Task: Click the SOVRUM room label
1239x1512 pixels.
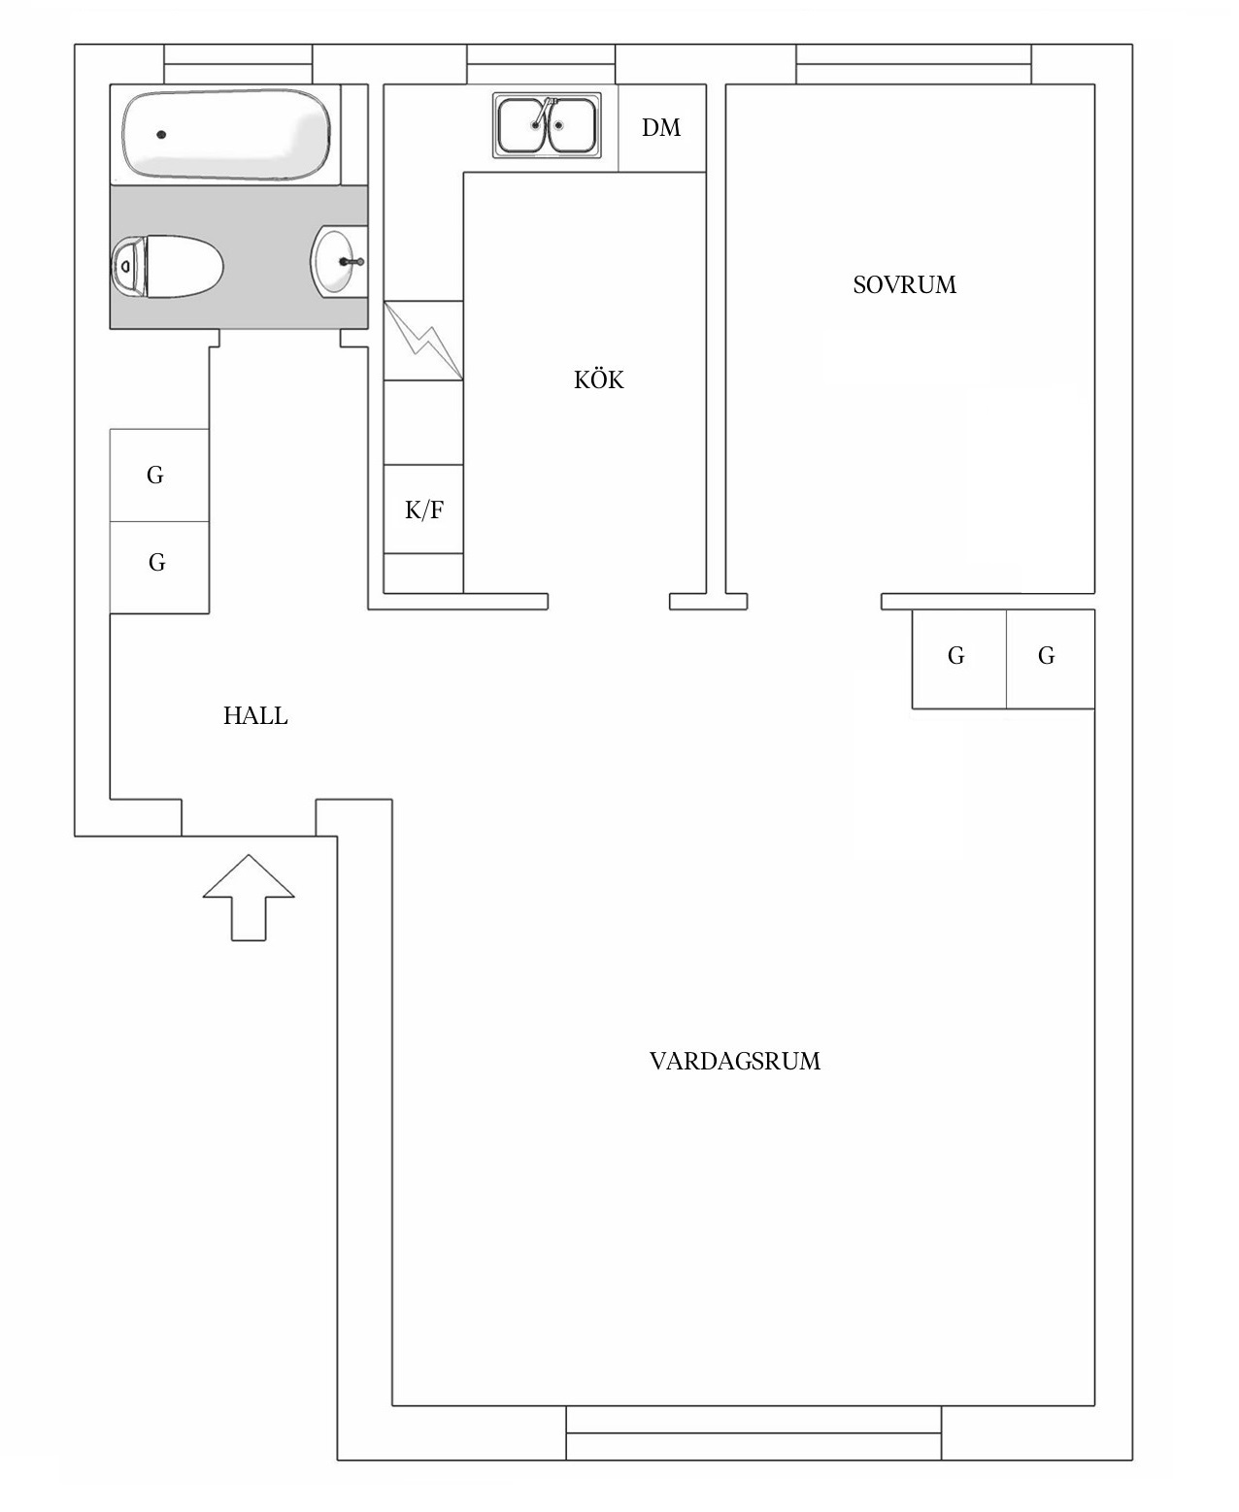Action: pyautogui.click(x=904, y=285)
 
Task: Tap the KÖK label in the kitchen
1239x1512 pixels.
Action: pyautogui.click(x=598, y=380)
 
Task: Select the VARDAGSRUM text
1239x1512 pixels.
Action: pyautogui.click(x=734, y=1062)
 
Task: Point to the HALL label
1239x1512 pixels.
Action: pyautogui.click(x=255, y=716)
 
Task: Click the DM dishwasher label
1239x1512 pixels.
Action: pyautogui.click(x=661, y=128)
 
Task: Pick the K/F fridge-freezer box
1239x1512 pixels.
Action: pyautogui.click(x=423, y=509)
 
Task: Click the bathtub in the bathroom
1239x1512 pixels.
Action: pyautogui.click(x=226, y=134)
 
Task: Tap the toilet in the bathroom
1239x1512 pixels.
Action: pyautogui.click(x=167, y=267)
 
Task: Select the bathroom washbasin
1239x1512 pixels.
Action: pyautogui.click(x=336, y=261)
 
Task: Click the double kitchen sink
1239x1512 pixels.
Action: pyautogui.click(x=546, y=126)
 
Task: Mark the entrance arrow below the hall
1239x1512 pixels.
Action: pyautogui.click(x=248, y=897)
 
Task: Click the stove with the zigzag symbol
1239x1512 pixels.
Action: pyautogui.click(x=423, y=341)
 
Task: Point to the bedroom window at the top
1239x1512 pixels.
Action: pyautogui.click(x=913, y=65)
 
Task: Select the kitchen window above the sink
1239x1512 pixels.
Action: pyautogui.click(x=541, y=65)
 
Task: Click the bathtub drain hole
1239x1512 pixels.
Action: pyautogui.click(x=161, y=135)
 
